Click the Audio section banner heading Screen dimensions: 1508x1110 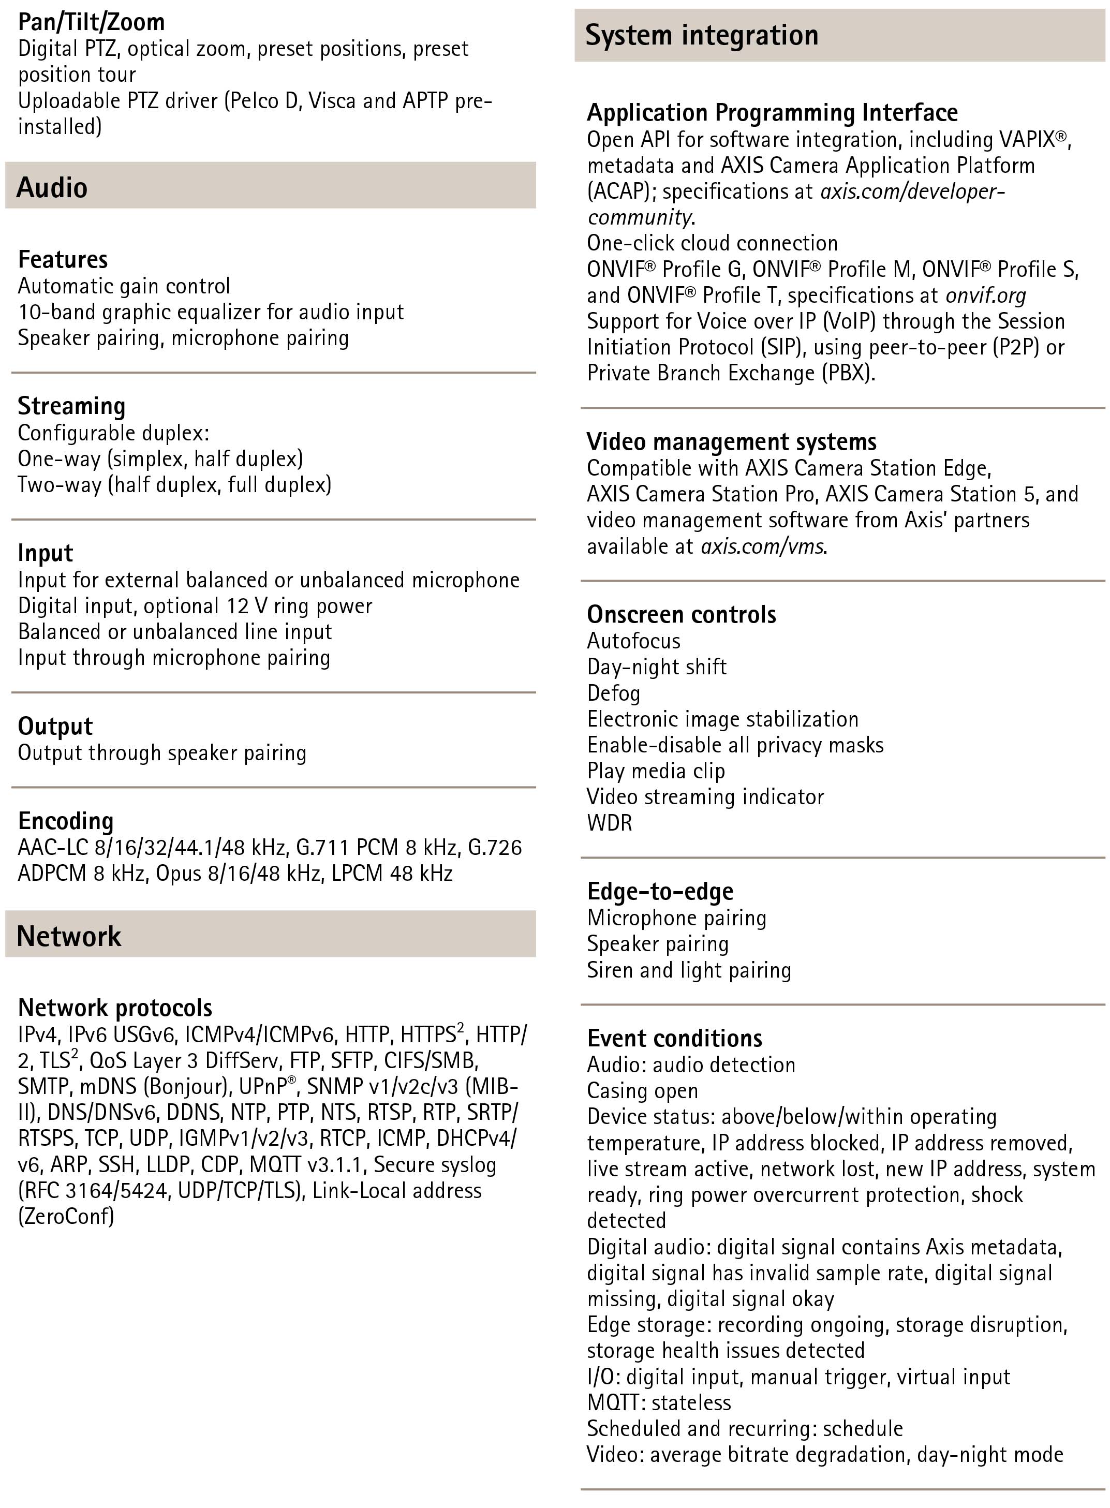pos(52,187)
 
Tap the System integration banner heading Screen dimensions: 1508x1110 pos(702,35)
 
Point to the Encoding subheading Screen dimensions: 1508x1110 pos(65,821)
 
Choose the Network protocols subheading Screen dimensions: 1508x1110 pos(115,1008)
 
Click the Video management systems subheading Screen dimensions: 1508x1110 pos(731,441)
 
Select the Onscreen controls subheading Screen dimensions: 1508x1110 pos(682,614)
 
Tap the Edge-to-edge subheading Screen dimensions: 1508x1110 pos(660,891)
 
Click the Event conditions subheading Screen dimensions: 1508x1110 pos(675,1038)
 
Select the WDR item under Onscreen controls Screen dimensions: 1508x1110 pos(610,822)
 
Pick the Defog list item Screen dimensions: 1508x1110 pos(613,693)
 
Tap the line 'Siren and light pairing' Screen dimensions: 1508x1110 pos(689,970)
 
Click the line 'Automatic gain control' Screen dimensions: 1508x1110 pos(124,286)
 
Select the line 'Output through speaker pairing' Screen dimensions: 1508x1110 pos(162,752)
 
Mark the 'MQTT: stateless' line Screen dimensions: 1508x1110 pos(658,1402)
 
